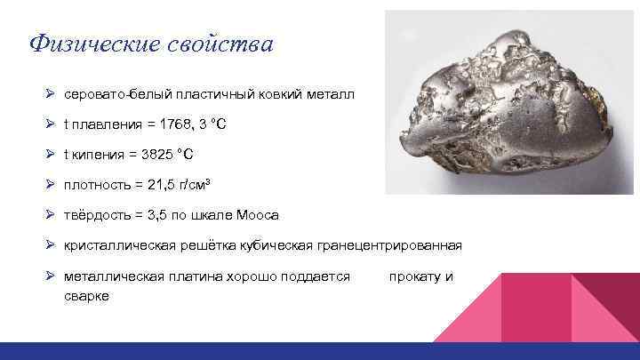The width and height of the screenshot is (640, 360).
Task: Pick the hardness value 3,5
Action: click(x=160, y=215)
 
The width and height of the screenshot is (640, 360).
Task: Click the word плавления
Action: click(x=100, y=124)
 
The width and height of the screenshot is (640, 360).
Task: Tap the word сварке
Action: click(x=86, y=295)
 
